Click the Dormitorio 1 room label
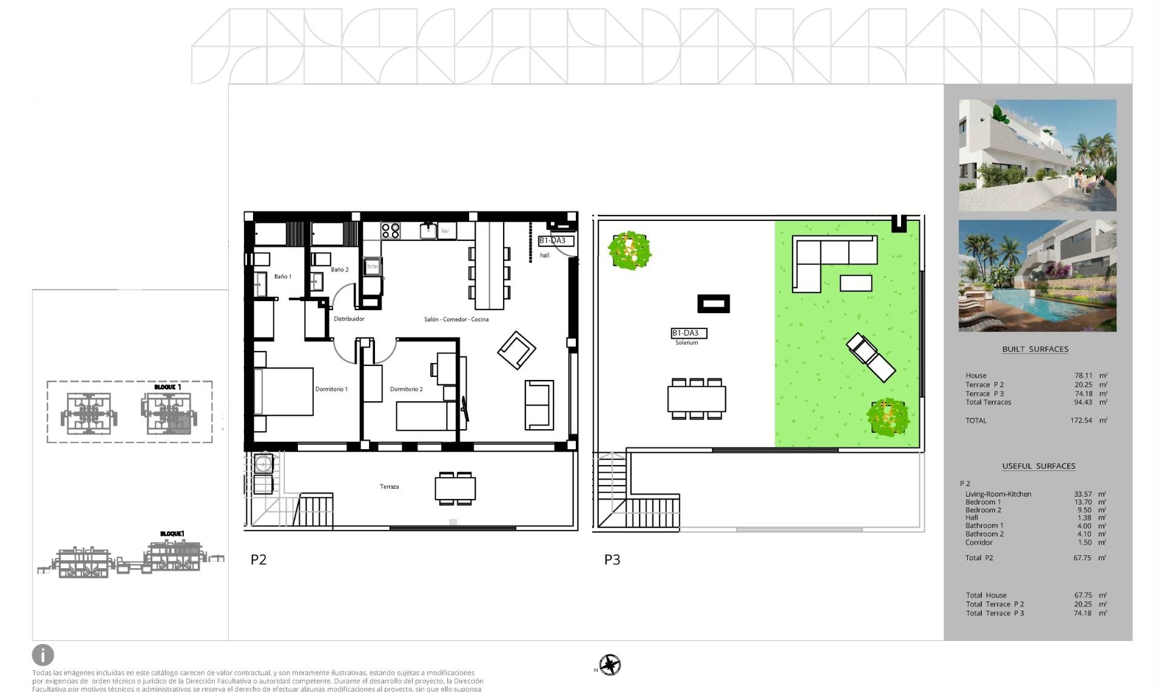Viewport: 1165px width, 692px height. pyautogui.click(x=331, y=389)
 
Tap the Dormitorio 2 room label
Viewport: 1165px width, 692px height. pyautogui.click(x=406, y=389)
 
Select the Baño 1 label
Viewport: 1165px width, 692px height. pyautogui.click(x=282, y=276)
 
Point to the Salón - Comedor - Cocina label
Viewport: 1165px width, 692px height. pyautogui.click(x=456, y=319)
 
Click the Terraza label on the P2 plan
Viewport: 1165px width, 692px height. pyautogui.click(x=389, y=486)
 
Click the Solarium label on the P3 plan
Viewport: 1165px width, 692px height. pyautogui.click(x=686, y=343)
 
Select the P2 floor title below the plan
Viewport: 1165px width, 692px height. pyautogui.click(x=258, y=560)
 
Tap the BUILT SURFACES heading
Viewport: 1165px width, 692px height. pyautogui.click(x=1035, y=349)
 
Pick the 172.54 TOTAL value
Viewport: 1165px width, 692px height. pyautogui.click(x=1081, y=420)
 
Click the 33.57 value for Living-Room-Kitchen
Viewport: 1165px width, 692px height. pyautogui.click(x=1082, y=494)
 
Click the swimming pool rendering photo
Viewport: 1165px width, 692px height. pyautogui.click(x=1037, y=276)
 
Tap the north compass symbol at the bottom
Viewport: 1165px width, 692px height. pyautogui.click(x=610, y=665)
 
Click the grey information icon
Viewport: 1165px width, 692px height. pyautogui.click(x=43, y=655)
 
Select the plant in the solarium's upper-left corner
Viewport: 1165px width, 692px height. pyautogui.click(x=630, y=249)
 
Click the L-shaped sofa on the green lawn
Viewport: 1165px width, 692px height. pyautogui.click(x=825, y=258)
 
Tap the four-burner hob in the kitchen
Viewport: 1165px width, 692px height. pyautogui.click(x=390, y=231)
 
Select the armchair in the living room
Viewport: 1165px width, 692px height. pyautogui.click(x=516, y=350)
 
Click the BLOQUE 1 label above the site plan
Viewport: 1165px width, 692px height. pyautogui.click(x=167, y=387)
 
